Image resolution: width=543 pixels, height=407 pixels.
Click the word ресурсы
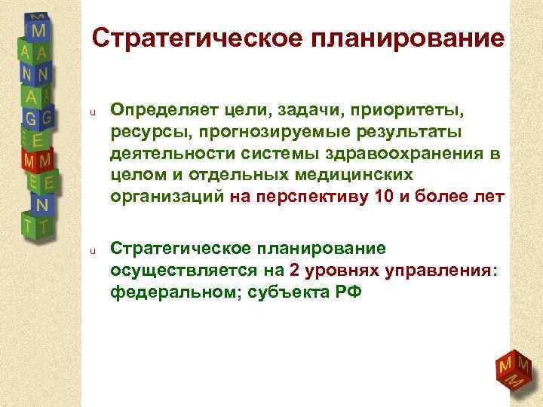click(141, 133)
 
